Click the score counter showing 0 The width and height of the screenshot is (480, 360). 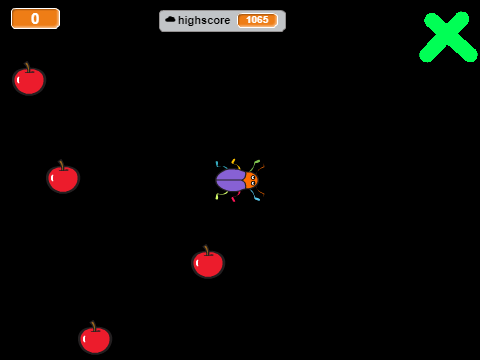click(35, 19)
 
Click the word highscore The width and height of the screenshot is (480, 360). click(204, 20)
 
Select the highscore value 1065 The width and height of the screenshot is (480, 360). click(257, 20)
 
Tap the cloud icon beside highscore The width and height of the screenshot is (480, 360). click(170, 19)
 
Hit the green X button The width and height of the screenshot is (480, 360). click(448, 37)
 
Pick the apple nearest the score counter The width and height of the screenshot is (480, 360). click(29, 79)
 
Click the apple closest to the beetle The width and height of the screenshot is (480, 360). click(208, 262)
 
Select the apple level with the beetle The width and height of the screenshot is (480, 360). click(63, 177)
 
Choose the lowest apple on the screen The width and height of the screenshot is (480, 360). click(95, 338)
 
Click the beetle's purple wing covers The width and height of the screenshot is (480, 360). click(231, 180)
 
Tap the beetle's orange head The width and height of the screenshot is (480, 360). click(251, 180)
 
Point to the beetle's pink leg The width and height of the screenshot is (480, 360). click(235, 197)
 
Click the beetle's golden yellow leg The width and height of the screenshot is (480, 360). click(236, 164)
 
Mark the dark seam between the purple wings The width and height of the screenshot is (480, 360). click(231, 180)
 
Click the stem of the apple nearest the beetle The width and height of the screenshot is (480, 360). click(207, 250)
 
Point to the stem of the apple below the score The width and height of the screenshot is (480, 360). click(28, 67)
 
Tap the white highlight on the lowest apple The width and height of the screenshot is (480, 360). click(84, 339)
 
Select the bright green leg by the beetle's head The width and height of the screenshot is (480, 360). click(255, 165)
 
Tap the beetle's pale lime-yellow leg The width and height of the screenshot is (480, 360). click(221, 195)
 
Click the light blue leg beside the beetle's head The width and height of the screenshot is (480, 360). click(255, 196)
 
